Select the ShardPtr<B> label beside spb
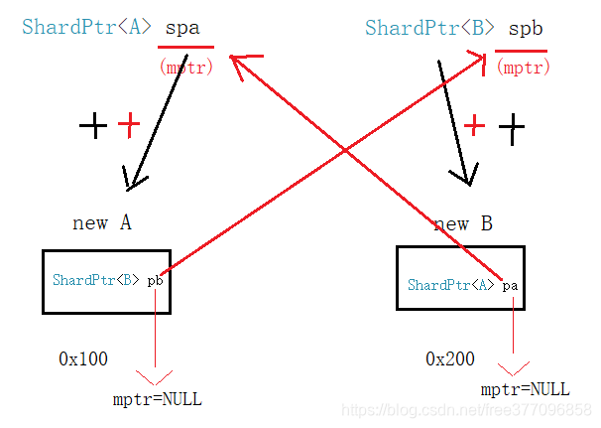pyautogui.click(x=428, y=28)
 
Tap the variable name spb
pyautogui.click(x=526, y=28)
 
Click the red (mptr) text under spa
pyautogui.click(x=185, y=67)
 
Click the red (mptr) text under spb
pyautogui.click(x=523, y=68)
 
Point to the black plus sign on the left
pyautogui.click(x=93, y=125)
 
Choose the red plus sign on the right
pyautogui.click(x=475, y=126)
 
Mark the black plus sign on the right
pyautogui.click(x=512, y=129)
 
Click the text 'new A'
pyautogui.click(x=102, y=223)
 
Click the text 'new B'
pyautogui.click(x=462, y=224)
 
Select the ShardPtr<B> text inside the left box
pyautogui.click(x=96, y=281)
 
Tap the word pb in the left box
pyautogui.click(x=155, y=282)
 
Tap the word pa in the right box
pyautogui.click(x=510, y=286)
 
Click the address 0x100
pyautogui.click(x=83, y=358)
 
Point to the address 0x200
pyautogui.click(x=450, y=358)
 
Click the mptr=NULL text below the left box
pyautogui.click(x=158, y=400)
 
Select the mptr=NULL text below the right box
pyautogui.click(x=525, y=389)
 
